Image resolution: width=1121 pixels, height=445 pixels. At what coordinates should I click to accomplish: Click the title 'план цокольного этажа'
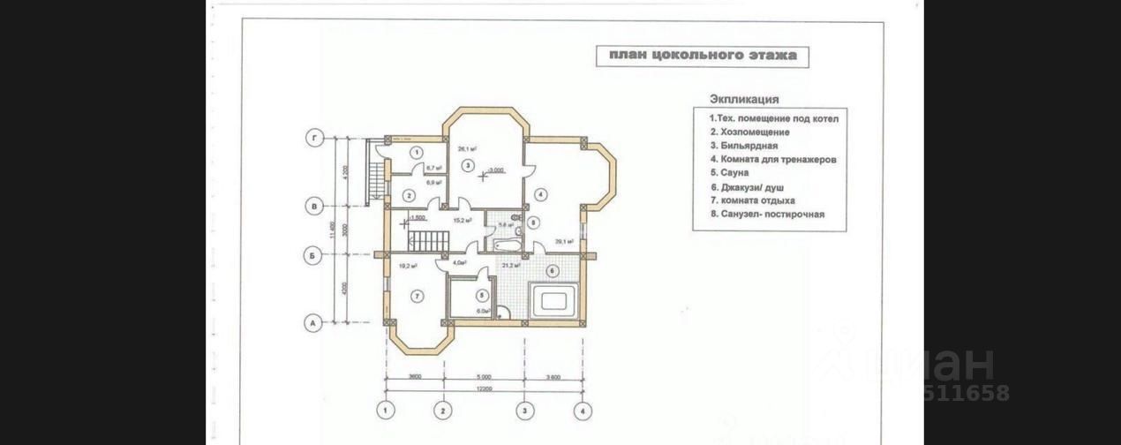[x=702, y=57]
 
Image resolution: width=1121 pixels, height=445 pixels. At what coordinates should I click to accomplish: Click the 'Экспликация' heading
[x=743, y=100]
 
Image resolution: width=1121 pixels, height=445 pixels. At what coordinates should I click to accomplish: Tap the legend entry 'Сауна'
[x=729, y=173]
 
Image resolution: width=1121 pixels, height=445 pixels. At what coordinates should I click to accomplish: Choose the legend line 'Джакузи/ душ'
[x=748, y=187]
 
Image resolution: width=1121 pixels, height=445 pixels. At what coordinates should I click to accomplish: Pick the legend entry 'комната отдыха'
[x=751, y=200]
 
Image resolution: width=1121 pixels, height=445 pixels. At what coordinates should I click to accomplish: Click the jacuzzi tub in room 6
[x=553, y=300]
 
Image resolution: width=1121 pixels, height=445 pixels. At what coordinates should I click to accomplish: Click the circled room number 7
[x=416, y=296]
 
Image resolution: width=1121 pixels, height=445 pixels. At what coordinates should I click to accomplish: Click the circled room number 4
[x=539, y=193]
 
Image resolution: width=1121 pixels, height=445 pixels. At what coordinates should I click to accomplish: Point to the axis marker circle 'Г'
[x=312, y=138]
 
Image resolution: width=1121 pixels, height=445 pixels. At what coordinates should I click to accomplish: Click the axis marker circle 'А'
[x=312, y=324]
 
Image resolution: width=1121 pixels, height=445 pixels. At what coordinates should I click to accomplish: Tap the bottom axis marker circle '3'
[x=524, y=410]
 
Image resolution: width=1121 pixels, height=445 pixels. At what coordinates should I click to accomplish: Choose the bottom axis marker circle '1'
[x=385, y=410]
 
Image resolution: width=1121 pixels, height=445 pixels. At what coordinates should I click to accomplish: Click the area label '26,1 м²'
[x=467, y=149]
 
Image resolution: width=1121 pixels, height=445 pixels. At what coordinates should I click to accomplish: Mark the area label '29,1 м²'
[x=565, y=240]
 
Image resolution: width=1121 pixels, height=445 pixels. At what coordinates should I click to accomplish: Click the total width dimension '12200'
[x=482, y=390]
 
